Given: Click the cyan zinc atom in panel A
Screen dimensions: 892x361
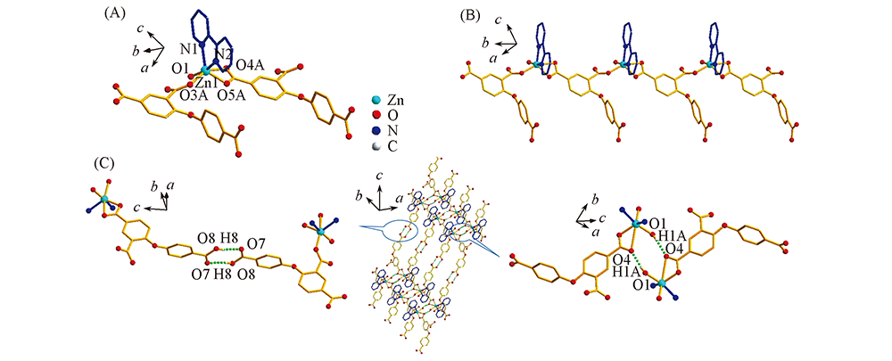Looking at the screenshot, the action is click(x=205, y=71).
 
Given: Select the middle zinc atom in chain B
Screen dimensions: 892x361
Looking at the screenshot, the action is click(x=624, y=64).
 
